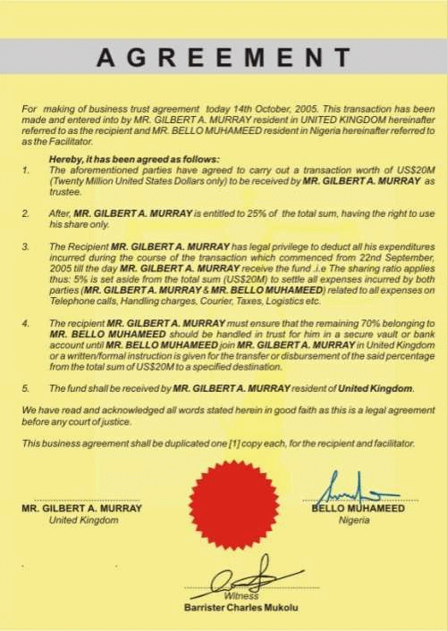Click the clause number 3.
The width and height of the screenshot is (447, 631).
pyautogui.click(x=26, y=245)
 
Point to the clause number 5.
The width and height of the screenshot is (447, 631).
pyautogui.click(x=26, y=388)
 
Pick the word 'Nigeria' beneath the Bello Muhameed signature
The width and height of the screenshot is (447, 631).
pyautogui.click(x=354, y=520)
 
